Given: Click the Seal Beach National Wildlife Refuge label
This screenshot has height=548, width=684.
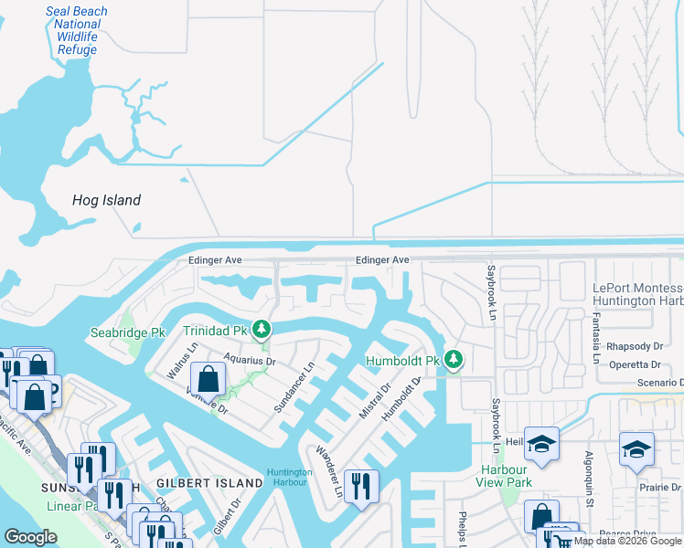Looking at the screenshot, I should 77,31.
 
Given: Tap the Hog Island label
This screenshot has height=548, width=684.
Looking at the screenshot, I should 107,200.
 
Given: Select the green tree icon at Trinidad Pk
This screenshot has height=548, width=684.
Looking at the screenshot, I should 262,328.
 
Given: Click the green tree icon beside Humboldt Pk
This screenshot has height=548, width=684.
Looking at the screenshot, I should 451,359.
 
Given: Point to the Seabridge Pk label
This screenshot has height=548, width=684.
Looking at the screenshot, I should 127,332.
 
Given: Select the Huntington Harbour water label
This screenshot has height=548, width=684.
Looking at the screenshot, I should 290,478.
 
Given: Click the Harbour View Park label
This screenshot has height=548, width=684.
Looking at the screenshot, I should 506,475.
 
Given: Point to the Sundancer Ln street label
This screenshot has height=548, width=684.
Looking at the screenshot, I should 294,385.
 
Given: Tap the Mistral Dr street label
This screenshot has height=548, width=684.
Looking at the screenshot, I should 375,402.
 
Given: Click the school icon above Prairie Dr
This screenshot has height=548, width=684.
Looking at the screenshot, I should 636,448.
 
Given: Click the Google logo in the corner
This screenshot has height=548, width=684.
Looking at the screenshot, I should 30,537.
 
